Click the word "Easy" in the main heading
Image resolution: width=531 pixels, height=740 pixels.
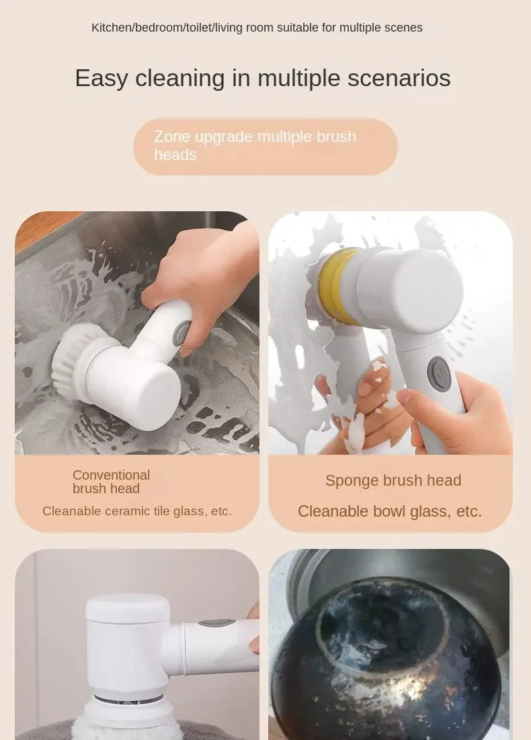(x=101, y=79)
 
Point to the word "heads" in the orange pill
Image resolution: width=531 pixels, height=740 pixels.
(x=175, y=155)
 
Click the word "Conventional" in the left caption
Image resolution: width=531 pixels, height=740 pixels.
(x=111, y=475)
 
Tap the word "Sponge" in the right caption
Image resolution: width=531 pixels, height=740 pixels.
(x=352, y=480)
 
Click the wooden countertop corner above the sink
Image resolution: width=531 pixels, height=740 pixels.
(x=40, y=226)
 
